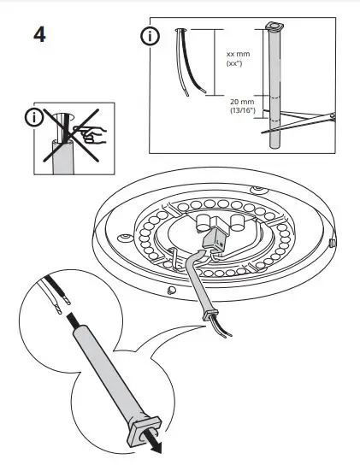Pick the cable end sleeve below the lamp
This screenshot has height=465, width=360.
pos(208,318)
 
